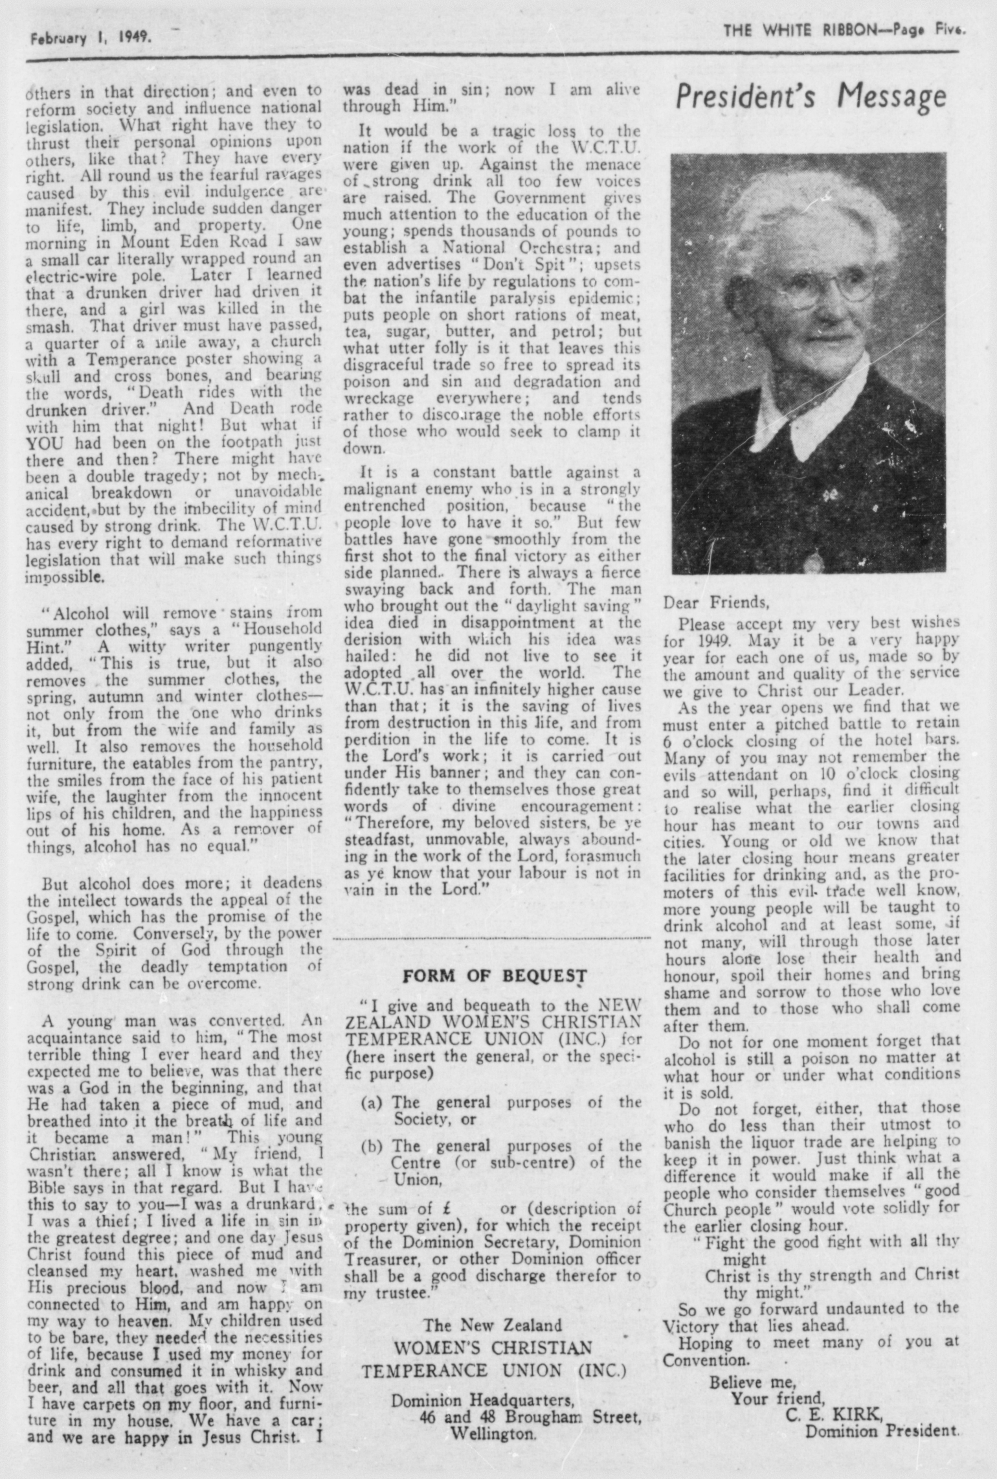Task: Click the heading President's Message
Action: tap(810, 97)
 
